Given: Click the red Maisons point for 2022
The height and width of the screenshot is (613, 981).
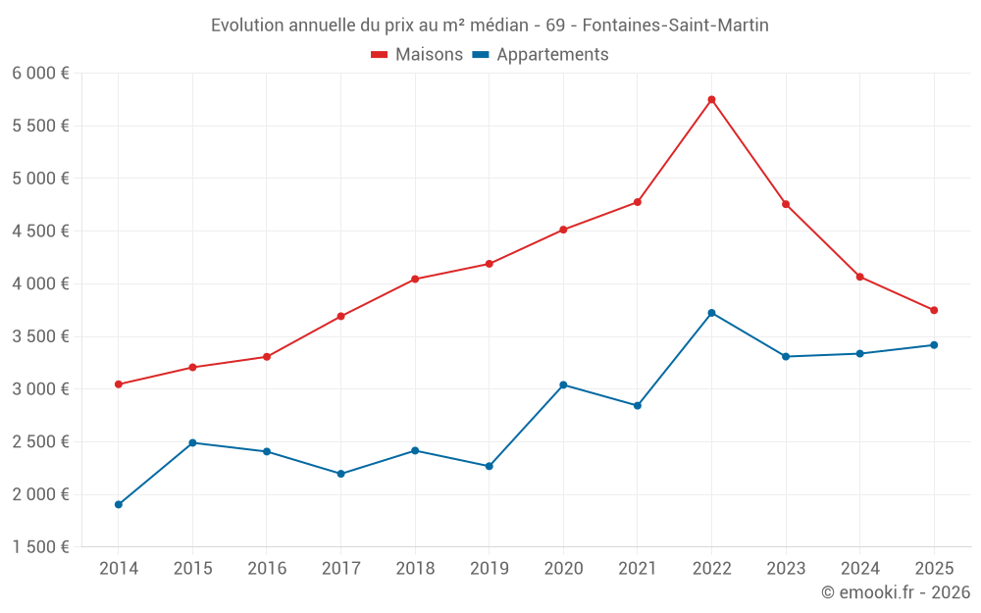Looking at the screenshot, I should pyautogui.click(x=711, y=99).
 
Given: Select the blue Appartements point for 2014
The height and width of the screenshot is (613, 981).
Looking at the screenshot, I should pyautogui.click(x=119, y=504).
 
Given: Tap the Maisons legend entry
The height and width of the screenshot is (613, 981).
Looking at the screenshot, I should pyautogui.click(x=417, y=55).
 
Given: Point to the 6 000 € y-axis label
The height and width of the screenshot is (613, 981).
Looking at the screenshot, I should pyautogui.click(x=40, y=74).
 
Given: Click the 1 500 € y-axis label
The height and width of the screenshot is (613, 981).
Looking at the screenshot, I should pyautogui.click(x=40, y=547).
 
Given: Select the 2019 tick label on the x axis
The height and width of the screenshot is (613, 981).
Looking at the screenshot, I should pyautogui.click(x=489, y=568).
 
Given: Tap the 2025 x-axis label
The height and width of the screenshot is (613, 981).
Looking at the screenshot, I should pyautogui.click(x=934, y=568).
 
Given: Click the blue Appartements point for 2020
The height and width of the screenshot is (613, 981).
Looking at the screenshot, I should pyautogui.click(x=563, y=384).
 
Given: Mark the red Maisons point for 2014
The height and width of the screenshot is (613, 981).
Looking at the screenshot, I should pyautogui.click(x=119, y=384).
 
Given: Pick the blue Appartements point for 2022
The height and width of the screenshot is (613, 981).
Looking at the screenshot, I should pyautogui.click(x=711, y=313).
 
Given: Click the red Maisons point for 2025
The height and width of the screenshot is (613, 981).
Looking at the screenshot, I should pyautogui.click(x=934, y=310).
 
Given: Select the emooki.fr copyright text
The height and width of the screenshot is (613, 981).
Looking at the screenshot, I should pyautogui.click(x=895, y=592).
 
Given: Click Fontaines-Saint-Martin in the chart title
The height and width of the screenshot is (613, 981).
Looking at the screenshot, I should pyautogui.click(x=676, y=26).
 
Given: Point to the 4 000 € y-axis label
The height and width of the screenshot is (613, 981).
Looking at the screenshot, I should pyautogui.click(x=40, y=283).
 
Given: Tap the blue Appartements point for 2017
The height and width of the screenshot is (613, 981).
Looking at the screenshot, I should pyautogui.click(x=340, y=474).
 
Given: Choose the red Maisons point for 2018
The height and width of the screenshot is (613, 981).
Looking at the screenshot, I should pyautogui.click(x=415, y=279).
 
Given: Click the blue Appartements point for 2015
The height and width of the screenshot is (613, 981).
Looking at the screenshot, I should pyautogui.click(x=192, y=442).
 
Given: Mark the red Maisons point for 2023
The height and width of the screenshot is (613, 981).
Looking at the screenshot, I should pyautogui.click(x=786, y=204).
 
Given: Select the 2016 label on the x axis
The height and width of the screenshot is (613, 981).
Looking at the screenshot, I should pyautogui.click(x=267, y=568).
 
